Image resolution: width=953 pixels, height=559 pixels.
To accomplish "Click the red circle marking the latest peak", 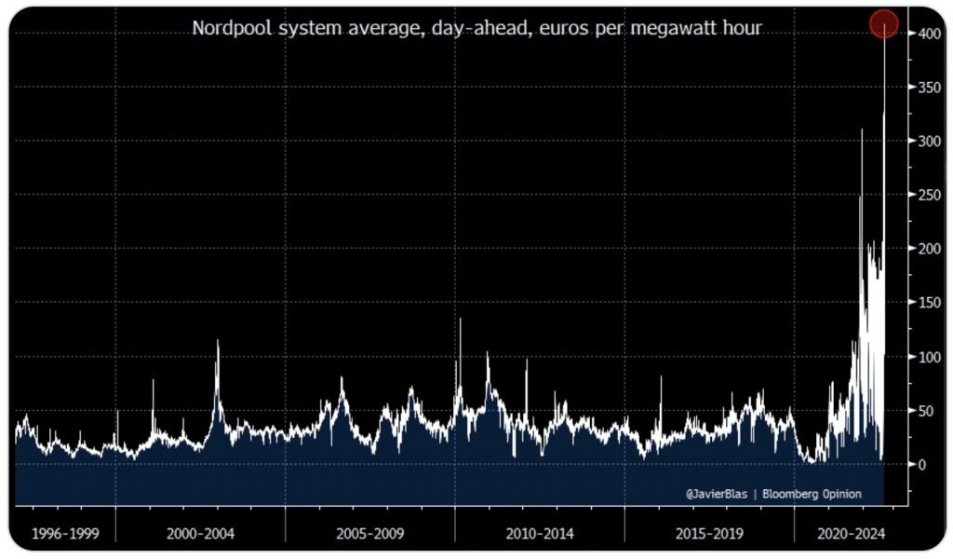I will pos(883,23).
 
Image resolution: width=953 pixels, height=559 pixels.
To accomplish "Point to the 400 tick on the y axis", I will pos(923,34).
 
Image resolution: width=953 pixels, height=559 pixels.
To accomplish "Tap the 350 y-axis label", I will pos(923,87).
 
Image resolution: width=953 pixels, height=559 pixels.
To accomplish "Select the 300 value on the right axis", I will pos(923,141).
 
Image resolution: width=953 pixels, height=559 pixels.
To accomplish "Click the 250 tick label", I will pos(923,195).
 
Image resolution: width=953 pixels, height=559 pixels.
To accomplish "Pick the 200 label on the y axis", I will pos(923,249).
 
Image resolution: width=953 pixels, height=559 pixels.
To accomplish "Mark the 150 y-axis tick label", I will pos(923,303).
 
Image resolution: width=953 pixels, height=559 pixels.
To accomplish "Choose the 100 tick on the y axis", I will pos(923,357).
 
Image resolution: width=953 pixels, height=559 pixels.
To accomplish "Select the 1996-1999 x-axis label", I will pos(64,536).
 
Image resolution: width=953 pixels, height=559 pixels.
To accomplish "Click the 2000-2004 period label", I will pos(200,536).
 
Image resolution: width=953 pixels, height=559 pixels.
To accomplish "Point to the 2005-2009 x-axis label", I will pos(369,536).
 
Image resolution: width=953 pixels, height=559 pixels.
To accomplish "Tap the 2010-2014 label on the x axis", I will pos(540,536).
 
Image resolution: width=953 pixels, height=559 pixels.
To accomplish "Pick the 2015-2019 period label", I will pos(709,536).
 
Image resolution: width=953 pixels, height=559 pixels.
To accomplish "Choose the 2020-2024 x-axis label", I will pos(850,536).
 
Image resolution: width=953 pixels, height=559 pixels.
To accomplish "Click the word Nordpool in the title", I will pos(230,29).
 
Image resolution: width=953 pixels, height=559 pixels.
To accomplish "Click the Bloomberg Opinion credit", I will pos(811,494).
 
